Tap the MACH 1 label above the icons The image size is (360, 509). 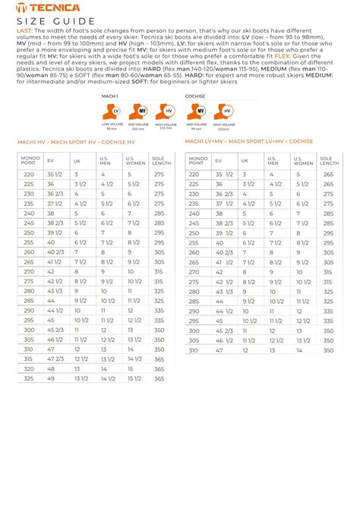110,96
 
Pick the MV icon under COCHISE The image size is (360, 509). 196,111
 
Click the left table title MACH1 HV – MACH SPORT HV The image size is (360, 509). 76,142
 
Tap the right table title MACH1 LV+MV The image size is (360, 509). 248,141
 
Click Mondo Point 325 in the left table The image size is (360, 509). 29,378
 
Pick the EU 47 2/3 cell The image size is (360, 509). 55,359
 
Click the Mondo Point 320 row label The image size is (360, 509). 29,368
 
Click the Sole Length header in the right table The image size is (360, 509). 329,160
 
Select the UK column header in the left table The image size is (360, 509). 77,160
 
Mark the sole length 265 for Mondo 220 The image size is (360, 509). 329,174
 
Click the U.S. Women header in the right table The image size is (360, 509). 303,160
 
